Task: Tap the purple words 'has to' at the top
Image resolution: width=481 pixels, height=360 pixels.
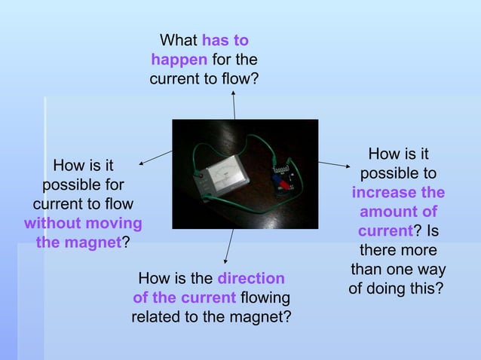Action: pyautogui.click(x=225, y=39)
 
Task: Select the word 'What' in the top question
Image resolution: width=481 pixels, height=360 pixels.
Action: pyautogui.click(x=178, y=39)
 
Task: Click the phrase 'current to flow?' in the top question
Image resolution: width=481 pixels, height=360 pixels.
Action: pyautogui.click(x=204, y=78)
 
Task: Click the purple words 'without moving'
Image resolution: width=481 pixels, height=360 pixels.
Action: pyautogui.click(x=83, y=224)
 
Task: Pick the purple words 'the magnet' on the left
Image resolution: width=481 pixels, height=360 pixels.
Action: pyautogui.click(x=78, y=243)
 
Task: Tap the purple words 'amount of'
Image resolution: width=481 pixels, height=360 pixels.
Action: pyautogui.click(x=398, y=212)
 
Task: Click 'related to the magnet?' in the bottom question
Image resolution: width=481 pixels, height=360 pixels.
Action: pyautogui.click(x=211, y=317)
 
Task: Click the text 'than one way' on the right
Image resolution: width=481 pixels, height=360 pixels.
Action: pyautogui.click(x=398, y=270)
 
